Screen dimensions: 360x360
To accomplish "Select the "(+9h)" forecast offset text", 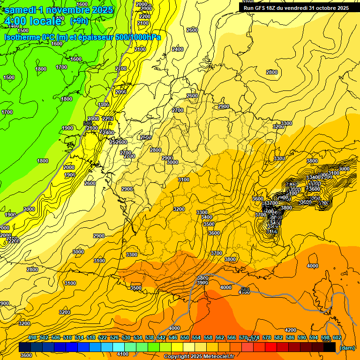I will [79, 21].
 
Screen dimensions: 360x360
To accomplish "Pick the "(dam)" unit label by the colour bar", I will [347, 347].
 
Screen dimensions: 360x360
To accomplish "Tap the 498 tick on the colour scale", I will [32, 337].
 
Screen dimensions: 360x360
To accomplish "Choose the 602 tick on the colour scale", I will [337, 337].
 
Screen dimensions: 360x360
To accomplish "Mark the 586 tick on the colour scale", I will [290, 337].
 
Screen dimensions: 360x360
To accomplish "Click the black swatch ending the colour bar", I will [330, 347].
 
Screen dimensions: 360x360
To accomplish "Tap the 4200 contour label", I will [291, 330].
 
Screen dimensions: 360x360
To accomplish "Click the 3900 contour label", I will [202, 283].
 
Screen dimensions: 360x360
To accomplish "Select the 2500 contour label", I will [146, 137].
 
